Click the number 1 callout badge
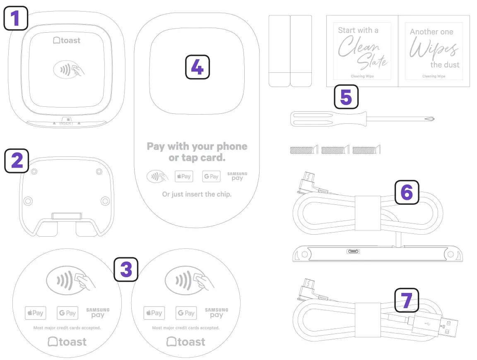16,19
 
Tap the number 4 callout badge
197,67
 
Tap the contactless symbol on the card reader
69,70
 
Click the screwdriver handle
312,119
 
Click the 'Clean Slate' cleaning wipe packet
362,51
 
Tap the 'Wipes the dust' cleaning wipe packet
434,51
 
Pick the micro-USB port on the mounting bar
353,251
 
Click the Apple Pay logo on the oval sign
183,176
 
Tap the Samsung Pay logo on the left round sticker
98,313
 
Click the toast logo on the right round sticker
186,342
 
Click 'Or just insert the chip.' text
197,194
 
